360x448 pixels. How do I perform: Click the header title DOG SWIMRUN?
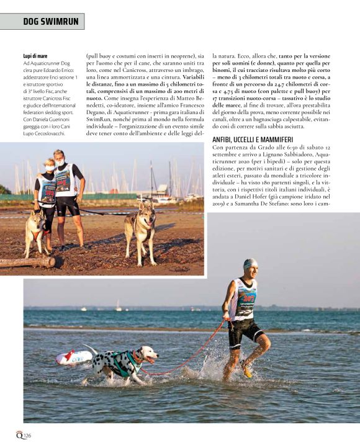click(x=51, y=22)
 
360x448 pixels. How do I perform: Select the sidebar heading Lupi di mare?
click(x=35, y=56)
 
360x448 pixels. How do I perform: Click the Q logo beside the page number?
click(x=19, y=434)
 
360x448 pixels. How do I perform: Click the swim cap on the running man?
click(x=250, y=263)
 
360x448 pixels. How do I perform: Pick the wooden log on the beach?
click(x=28, y=262)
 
